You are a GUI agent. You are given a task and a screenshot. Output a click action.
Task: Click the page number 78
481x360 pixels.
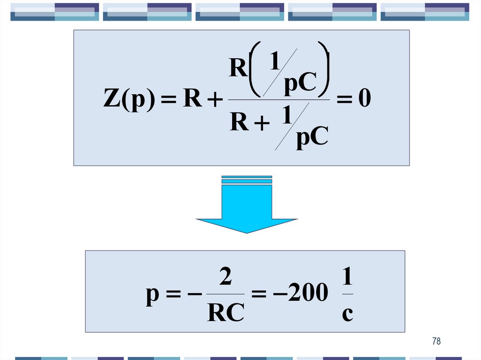point(436,341)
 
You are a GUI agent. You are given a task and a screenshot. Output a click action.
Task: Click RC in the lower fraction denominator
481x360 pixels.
point(225,312)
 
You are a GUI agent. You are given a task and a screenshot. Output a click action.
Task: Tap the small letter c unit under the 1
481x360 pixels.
point(347,313)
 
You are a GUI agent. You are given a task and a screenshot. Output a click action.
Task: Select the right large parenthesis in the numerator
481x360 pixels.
point(323,68)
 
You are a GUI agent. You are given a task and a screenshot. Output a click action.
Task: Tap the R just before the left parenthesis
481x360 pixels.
point(238,69)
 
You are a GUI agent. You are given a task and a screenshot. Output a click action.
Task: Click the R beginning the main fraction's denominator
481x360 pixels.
point(239,123)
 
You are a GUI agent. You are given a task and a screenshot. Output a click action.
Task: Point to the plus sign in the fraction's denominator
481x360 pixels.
point(262,124)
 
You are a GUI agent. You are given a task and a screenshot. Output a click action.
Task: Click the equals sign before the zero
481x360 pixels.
point(342,100)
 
